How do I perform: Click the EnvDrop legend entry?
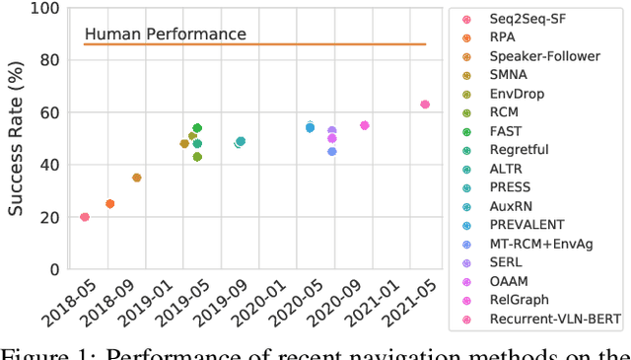point(526,94)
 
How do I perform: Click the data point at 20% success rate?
point(85,217)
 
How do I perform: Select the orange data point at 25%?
point(109,204)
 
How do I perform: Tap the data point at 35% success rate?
point(137,178)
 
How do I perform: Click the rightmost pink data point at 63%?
point(425,105)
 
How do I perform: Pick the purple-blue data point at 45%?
point(331,152)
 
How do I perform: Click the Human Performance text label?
point(166,35)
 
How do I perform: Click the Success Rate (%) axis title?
point(16,138)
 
